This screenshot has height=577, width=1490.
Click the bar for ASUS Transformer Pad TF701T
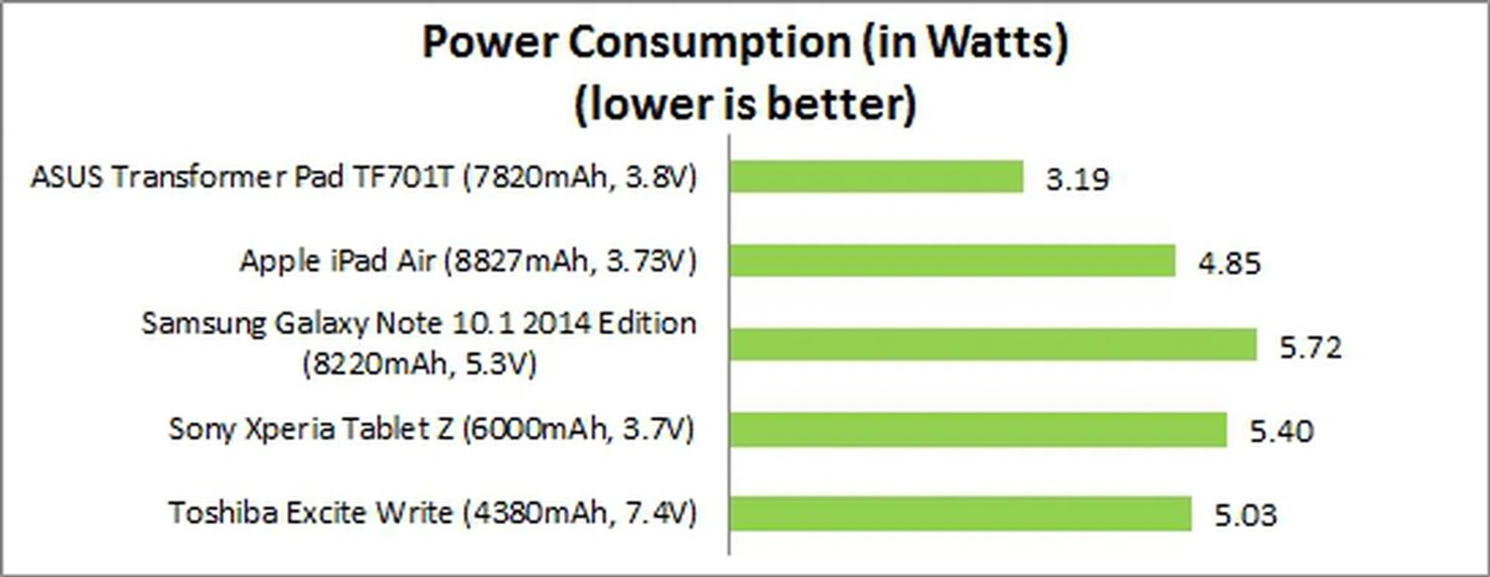876,177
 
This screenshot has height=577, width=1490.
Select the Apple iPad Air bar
952,261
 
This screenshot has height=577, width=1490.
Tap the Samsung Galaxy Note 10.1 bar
993,344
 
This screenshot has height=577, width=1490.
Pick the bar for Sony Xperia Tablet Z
978,429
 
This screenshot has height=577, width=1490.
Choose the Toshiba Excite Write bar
960,513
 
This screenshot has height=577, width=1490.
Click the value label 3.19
1077,179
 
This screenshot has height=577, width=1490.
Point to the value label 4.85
1229,263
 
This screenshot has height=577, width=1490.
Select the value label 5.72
1310,347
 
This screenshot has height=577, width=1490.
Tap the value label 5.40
1281,430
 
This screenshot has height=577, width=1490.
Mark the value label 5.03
1246,515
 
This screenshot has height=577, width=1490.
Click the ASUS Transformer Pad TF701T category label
363,178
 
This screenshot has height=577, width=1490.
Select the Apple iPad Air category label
468,261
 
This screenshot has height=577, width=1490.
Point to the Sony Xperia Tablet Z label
431,429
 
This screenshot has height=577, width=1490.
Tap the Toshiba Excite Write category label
432,513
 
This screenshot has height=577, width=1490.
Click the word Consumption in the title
709,42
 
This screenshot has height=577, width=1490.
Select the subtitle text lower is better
745,104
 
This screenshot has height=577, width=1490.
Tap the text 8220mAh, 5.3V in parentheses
419,364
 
